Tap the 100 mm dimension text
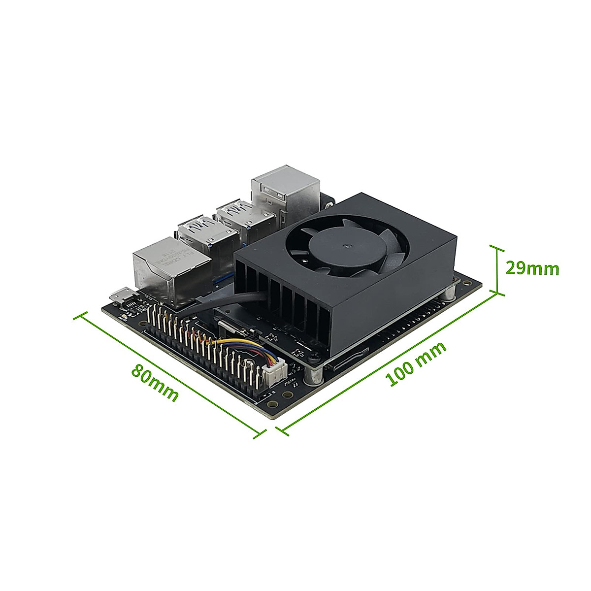coord(417,363)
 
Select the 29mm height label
coord(532,269)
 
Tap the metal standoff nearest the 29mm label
coord(450,293)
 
